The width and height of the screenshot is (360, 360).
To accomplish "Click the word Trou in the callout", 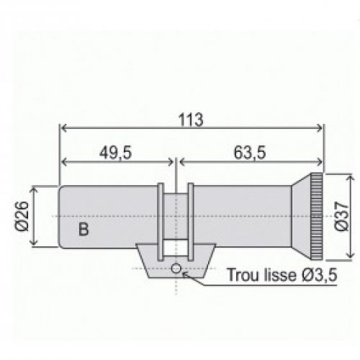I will [x=240, y=274].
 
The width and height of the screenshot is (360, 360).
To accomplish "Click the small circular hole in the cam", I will [x=175, y=269].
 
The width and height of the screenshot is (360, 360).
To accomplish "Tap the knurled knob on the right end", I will [x=316, y=215].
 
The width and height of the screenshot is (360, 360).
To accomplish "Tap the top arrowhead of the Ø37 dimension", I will [x=351, y=176].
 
